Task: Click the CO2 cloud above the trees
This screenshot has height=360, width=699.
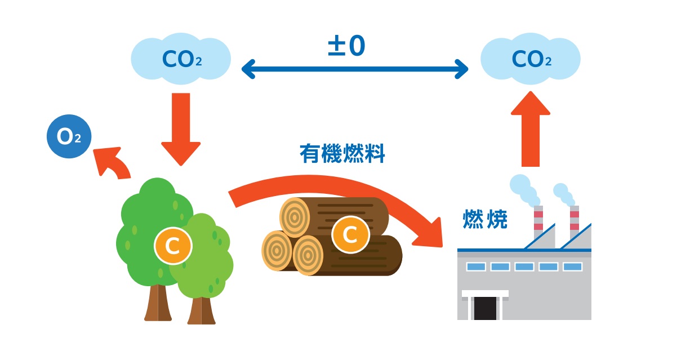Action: [181, 59]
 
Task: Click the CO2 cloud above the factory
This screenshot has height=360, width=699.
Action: [531, 59]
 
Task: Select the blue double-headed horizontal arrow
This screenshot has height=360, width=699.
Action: [355, 70]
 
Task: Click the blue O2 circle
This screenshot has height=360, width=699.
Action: [69, 136]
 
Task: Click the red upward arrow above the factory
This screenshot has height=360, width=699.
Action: [531, 130]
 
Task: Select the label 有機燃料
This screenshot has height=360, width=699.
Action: [342, 153]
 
